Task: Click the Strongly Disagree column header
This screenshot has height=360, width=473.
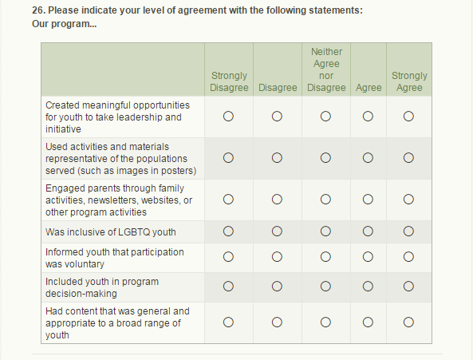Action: click(229, 81)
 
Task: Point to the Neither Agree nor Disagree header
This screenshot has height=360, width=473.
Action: click(326, 69)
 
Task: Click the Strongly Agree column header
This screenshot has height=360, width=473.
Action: click(409, 81)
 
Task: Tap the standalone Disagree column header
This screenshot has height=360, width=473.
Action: click(278, 88)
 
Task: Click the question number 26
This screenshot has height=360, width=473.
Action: click(38, 10)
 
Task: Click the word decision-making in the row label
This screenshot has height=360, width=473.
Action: click(81, 294)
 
